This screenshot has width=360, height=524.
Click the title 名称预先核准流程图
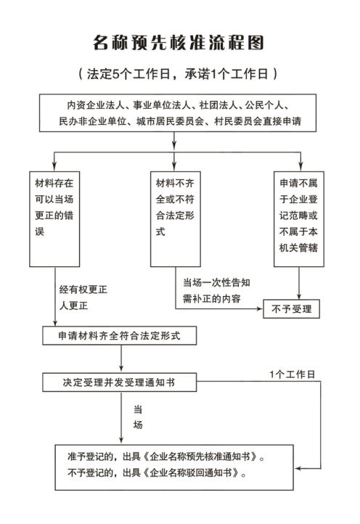pos(179,43)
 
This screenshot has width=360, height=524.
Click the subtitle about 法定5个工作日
pos(178,74)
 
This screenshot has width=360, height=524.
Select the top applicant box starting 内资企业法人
pos(178,113)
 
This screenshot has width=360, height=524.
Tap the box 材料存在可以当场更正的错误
pos(54,219)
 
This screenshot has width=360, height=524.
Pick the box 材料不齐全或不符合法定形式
pos(176,219)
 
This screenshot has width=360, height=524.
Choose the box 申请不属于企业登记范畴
pos(299,219)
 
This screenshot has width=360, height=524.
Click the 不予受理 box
pos(292,308)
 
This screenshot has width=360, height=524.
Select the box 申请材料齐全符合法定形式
pos(119,335)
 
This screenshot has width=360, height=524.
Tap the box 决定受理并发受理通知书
pos(119,382)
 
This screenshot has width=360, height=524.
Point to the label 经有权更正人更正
pos(83,298)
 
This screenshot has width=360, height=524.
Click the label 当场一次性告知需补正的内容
pos(216,290)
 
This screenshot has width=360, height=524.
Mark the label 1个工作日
pos(292,374)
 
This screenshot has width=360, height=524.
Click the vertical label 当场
pos(138,417)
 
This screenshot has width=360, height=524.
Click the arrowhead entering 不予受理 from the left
pos(259,308)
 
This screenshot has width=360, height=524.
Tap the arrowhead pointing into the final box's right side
pos(298,469)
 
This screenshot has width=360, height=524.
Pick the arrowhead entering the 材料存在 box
pos(54,168)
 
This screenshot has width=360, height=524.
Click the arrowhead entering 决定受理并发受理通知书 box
pos(121,369)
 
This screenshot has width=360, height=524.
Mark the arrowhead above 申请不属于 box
pos(300,168)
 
